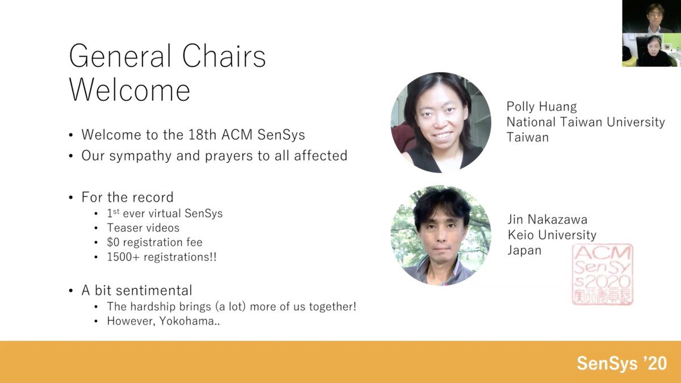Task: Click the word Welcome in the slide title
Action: [129, 90]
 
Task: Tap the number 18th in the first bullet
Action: [203, 135]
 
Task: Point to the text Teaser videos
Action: [143, 228]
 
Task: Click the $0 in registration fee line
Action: [113, 242]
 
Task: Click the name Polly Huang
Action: [541, 107]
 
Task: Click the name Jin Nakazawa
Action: [547, 220]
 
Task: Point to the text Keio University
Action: [552, 235]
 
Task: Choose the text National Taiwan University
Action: [585, 122]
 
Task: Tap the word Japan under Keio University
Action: [524, 250]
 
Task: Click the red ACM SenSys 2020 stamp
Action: [602, 274]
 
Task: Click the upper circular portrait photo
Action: [441, 123]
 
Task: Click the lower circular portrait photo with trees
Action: [441, 235]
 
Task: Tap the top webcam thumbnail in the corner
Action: [651, 16]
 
